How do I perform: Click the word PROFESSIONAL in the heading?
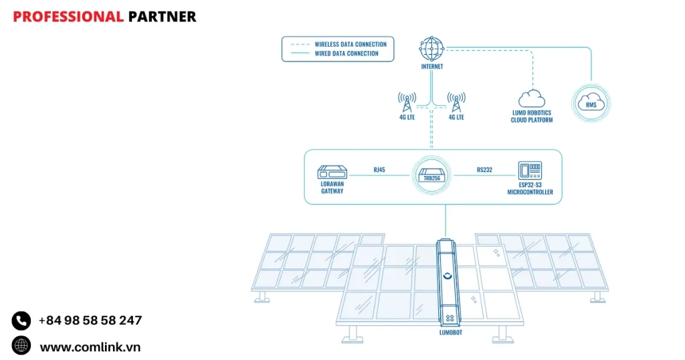[68, 17]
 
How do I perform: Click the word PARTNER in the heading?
[163, 17]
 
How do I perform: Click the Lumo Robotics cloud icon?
[532, 98]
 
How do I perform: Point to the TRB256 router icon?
[431, 175]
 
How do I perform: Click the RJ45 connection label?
[379, 170]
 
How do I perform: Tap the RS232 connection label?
[484, 170]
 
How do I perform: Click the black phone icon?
[21, 321]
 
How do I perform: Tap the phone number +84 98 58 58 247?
[90, 321]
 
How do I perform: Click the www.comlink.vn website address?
[90, 347]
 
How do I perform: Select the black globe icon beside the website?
[21, 345]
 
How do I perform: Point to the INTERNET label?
[431, 67]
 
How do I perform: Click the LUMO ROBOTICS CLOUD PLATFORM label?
[532, 116]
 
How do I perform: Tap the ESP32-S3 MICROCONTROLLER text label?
[530, 189]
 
